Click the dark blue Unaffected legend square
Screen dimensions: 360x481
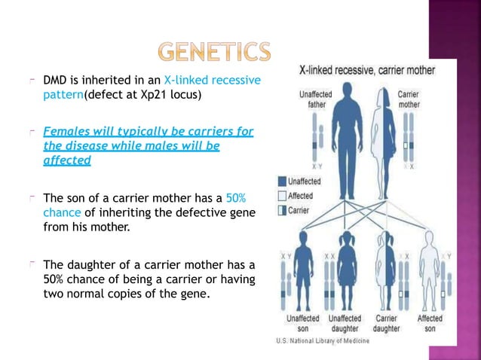pos(282,182)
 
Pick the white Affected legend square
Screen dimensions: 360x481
pos(282,196)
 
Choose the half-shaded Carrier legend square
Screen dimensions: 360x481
pos(282,210)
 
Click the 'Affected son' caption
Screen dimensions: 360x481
pos(430,324)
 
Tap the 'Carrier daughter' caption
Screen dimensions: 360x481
pos(387,324)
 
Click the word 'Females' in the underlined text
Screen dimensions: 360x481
pos(66,132)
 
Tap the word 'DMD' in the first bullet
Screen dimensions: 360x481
pos(55,81)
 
